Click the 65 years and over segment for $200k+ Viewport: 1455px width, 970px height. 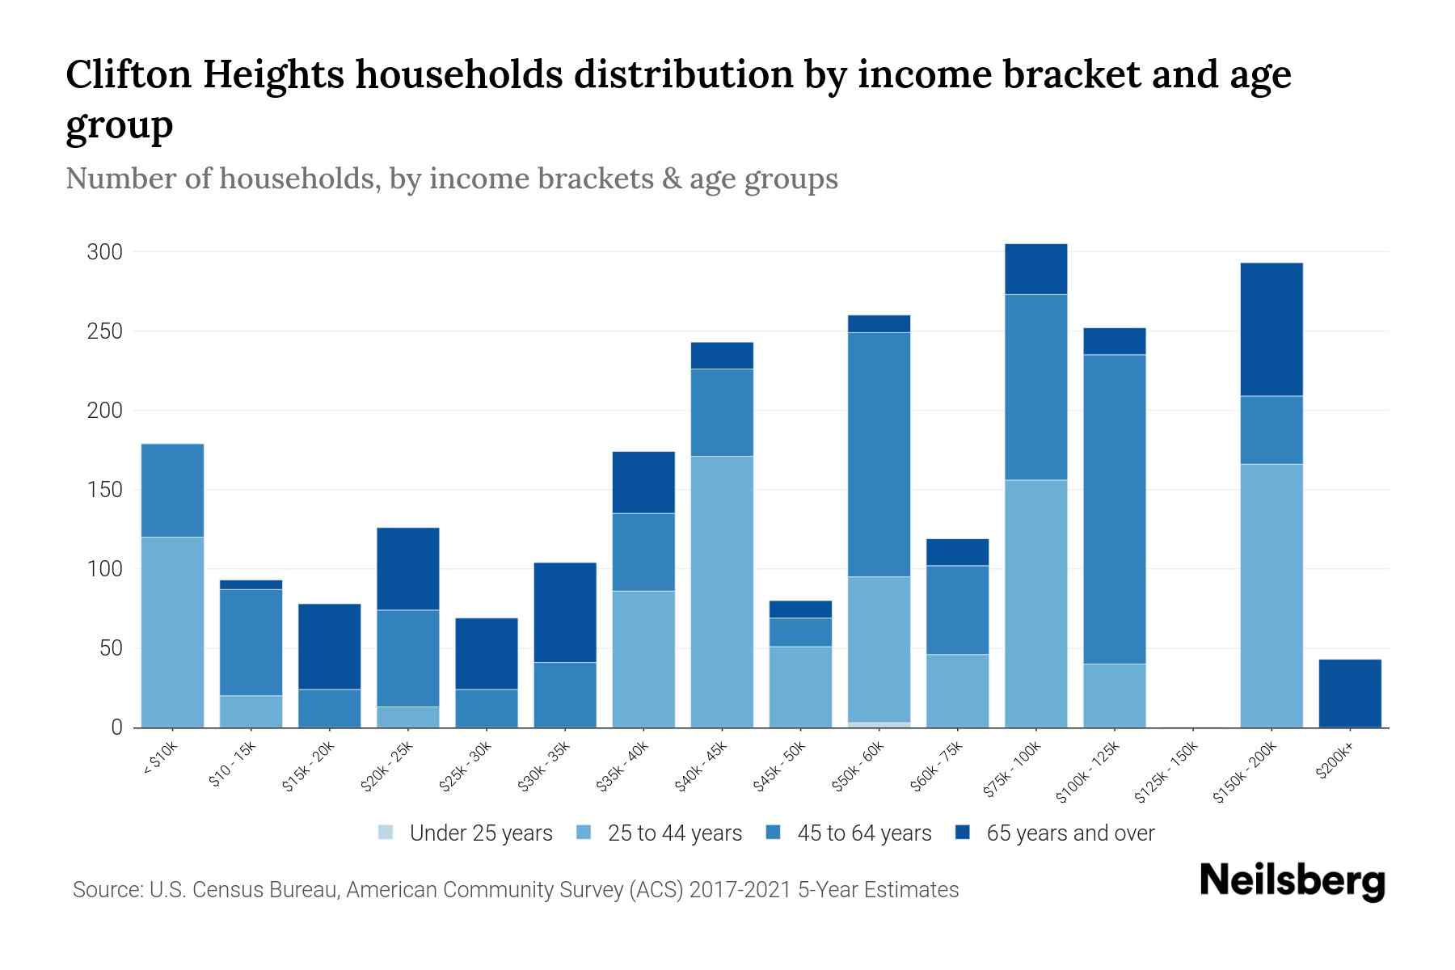1350,694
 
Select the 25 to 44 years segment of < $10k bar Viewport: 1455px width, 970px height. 172,632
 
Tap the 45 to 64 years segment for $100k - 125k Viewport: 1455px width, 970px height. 1115,509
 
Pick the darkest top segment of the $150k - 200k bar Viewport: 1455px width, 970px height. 1272,329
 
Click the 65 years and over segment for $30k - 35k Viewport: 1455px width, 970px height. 565,612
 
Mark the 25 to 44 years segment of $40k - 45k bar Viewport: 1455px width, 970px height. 722,592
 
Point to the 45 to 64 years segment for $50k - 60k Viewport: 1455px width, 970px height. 879,454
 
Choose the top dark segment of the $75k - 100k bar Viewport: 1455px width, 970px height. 1035,269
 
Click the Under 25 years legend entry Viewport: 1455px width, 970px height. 466,833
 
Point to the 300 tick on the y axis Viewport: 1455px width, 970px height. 105,252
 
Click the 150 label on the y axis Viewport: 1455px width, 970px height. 105,490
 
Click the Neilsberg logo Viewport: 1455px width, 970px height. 1292,881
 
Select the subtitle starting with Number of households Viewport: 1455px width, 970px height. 451,179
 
